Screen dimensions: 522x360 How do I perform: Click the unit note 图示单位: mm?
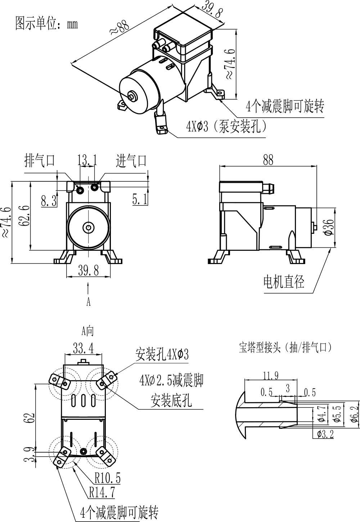46,23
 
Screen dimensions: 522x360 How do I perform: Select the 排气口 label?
40,160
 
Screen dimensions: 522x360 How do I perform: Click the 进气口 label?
131,160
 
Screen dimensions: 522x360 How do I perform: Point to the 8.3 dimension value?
49,201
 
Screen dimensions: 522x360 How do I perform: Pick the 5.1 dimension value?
140,199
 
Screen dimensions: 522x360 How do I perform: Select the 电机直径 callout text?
284,281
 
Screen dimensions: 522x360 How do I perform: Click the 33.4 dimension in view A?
83,348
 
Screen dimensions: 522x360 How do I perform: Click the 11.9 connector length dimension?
270,376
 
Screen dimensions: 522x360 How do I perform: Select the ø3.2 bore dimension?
325,434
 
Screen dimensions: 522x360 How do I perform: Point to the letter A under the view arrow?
88,302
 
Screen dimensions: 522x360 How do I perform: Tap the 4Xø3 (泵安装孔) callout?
226,127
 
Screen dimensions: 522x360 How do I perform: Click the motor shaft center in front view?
88,227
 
